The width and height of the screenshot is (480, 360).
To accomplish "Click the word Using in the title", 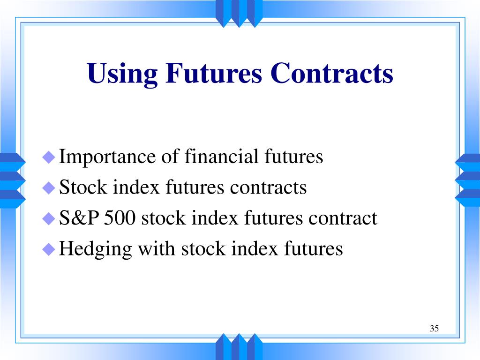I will pos(119,74).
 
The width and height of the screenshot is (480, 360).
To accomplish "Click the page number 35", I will pos(434,328).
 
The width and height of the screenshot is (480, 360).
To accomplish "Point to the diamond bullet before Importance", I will pos(49,157).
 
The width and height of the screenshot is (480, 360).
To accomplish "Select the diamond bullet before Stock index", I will pos(49,188).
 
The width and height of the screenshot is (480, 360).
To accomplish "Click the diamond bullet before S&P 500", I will pos(49,218).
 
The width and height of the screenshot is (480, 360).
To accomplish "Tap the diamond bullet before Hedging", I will pos(49,249).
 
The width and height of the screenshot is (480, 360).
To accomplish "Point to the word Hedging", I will pos(96,249).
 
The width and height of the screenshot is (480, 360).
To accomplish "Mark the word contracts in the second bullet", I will pos(268,187).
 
